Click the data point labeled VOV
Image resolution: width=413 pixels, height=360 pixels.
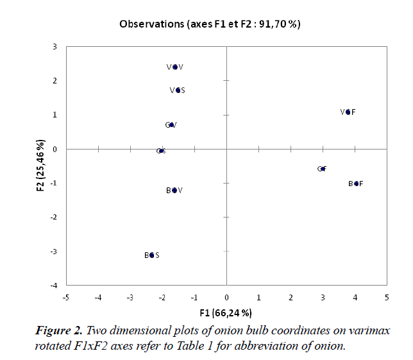click(175, 67)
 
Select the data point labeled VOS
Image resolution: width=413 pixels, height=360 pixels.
click(178, 90)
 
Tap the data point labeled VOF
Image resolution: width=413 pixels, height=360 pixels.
click(348, 112)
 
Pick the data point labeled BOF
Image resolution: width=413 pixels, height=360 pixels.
click(356, 184)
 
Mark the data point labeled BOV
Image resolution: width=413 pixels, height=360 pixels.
click(174, 191)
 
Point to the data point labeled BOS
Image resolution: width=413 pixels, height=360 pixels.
click(152, 255)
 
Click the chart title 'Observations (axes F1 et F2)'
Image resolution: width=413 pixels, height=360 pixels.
click(210, 24)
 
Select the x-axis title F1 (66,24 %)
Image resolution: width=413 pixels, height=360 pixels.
click(226, 313)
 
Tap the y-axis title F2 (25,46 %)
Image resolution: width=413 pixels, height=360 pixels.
click(40, 166)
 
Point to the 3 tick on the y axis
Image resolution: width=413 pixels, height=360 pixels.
click(55, 47)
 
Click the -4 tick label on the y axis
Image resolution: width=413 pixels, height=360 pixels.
click(54, 286)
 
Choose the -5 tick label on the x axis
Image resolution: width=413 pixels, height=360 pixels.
click(65, 297)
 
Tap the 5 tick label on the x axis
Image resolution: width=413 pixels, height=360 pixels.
click(387, 297)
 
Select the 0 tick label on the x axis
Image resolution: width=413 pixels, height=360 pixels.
click(226, 297)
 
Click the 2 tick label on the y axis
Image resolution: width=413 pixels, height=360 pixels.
click(55, 81)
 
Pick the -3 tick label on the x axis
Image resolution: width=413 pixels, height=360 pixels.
click(130, 297)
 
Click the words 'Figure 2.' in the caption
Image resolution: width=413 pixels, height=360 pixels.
click(59, 331)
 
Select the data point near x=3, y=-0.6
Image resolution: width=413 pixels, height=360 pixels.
click(322, 169)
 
